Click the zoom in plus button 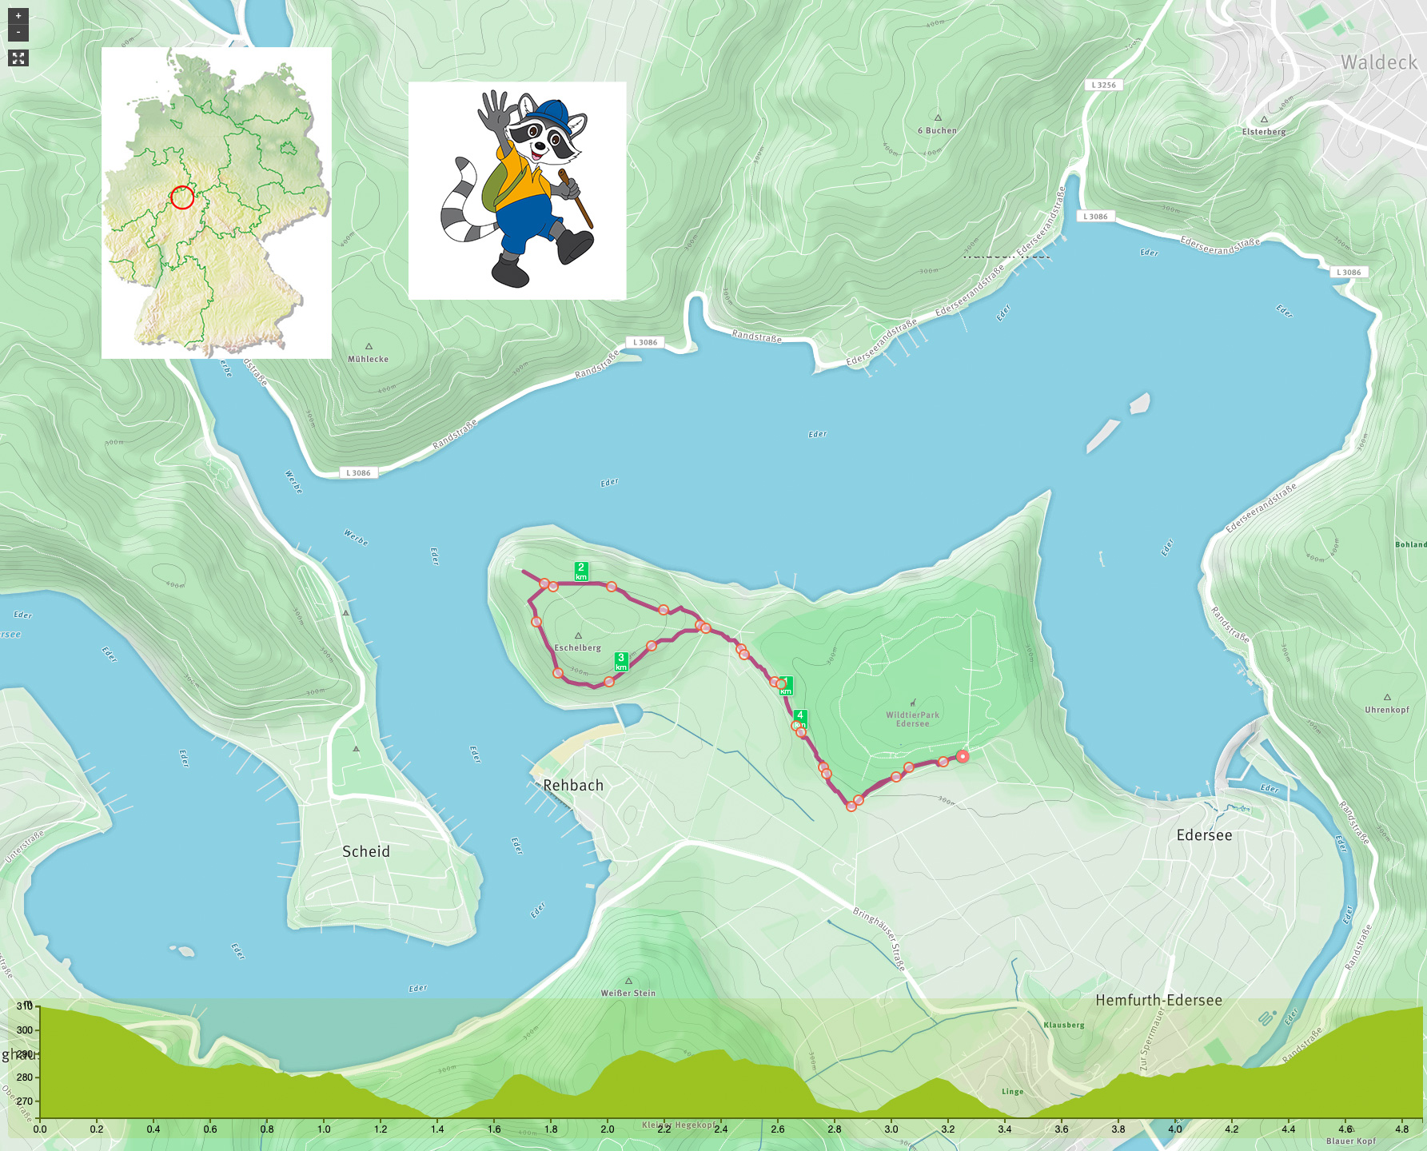(x=18, y=16)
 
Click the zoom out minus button (x=18, y=33)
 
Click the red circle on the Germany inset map (x=182, y=197)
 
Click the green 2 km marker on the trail (x=581, y=572)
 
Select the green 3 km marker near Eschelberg (x=621, y=661)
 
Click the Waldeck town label (x=1378, y=62)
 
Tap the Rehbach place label (x=573, y=785)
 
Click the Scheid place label (x=366, y=851)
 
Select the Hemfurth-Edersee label (x=1158, y=1000)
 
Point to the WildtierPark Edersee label (x=912, y=719)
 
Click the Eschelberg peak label (x=577, y=647)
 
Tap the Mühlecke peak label (x=368, y=359)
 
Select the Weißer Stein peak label (x=628, y=993)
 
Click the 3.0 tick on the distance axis (x=891, y=1129)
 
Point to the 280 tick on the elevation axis (x=25, y=1077)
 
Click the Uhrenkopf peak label (x=1386, y=709)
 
